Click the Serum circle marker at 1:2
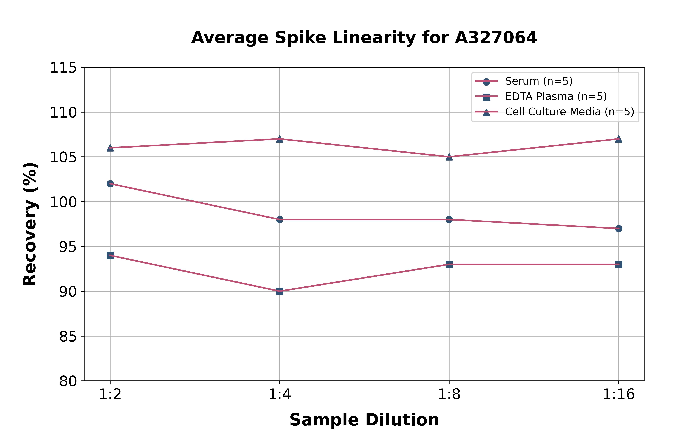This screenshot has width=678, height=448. (x=110, y=184)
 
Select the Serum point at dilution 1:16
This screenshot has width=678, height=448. (x=618, y=229)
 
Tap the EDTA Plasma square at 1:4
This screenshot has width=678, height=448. (x=280, y=291)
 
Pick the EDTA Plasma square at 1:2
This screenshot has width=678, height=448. (x=110, y=255)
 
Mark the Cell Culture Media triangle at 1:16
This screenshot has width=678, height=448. (x=618, y=139)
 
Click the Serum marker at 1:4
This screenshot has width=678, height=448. (x=280, y=219)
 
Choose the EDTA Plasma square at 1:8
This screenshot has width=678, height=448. (x=449, y=264)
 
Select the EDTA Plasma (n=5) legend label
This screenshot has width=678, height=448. (x=556, y=97)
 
